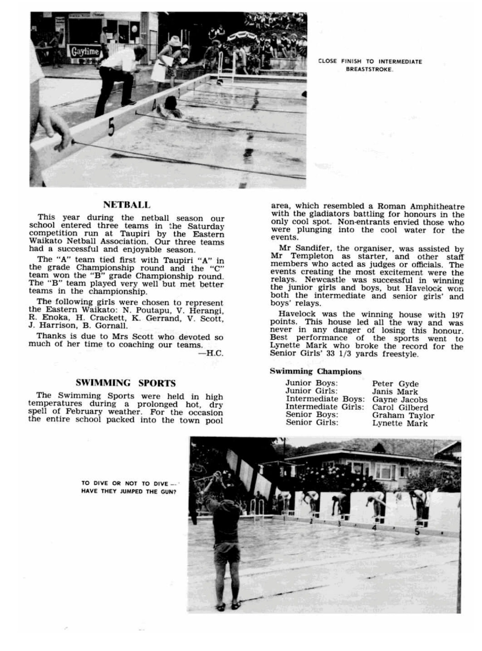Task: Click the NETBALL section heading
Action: (x=127, y=205)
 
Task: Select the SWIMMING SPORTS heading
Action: (x=125, y=383)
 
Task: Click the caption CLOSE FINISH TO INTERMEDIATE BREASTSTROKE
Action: (x=370, y=65)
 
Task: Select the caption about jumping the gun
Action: (x=129, y=488)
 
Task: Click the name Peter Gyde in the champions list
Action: (x=395, y=384)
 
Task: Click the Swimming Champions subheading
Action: (x=315, y=371)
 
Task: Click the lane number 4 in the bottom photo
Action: (x=374, y=528)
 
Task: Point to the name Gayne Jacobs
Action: (x=400, y=400)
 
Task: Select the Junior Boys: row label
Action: (x=311, y=383)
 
